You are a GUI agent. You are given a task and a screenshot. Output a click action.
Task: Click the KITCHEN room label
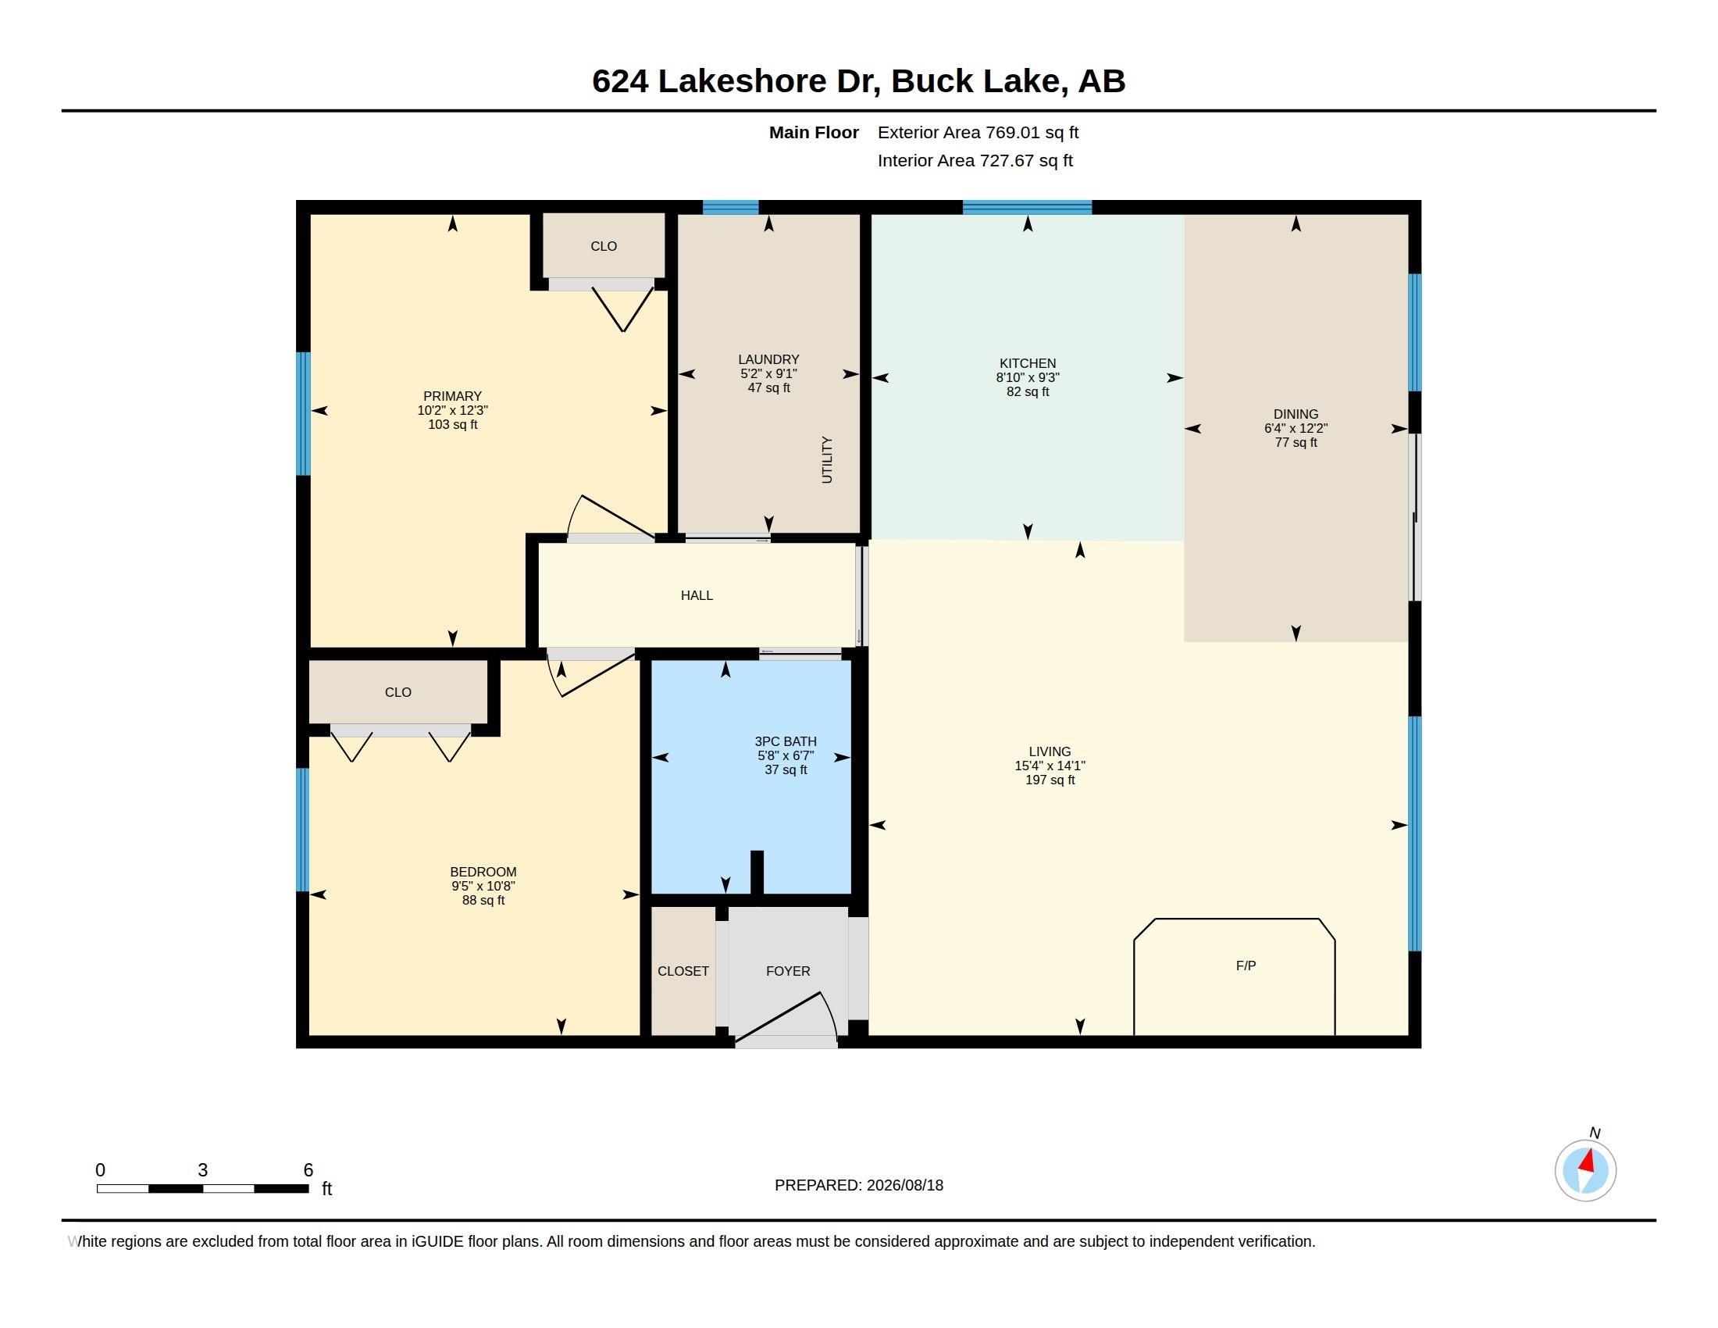[1028, 363]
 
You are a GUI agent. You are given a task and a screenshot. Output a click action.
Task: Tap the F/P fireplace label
[1246, 966]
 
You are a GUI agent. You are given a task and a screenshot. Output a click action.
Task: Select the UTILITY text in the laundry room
[827, 460]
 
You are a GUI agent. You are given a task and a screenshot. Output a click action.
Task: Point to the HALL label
[697, 595]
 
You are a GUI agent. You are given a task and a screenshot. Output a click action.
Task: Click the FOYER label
[788, 972]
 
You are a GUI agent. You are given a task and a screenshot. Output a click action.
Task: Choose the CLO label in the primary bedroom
[604, 246]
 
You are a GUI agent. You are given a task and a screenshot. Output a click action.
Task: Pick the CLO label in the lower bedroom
[398, 692]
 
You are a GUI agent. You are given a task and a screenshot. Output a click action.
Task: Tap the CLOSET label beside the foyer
[683, 972]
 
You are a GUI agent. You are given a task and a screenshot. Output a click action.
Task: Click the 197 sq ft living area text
[1050, 780]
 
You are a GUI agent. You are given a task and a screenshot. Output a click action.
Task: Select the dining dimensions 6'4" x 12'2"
[1296, 429]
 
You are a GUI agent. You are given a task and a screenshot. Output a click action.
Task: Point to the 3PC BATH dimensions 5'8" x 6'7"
[786, 756]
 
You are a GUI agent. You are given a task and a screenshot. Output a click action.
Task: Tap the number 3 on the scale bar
[202, 1170]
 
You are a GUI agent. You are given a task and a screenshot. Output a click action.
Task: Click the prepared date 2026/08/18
[904, 1185]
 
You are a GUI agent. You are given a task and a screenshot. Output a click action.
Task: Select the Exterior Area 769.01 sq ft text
[978, 133]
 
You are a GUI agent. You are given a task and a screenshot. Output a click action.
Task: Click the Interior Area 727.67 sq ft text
[975, 160]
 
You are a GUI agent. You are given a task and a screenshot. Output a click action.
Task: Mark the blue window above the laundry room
[730, 208]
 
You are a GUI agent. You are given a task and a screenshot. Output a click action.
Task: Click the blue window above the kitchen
[1028, 208]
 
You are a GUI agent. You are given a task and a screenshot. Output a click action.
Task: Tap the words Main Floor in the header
[814, 133]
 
